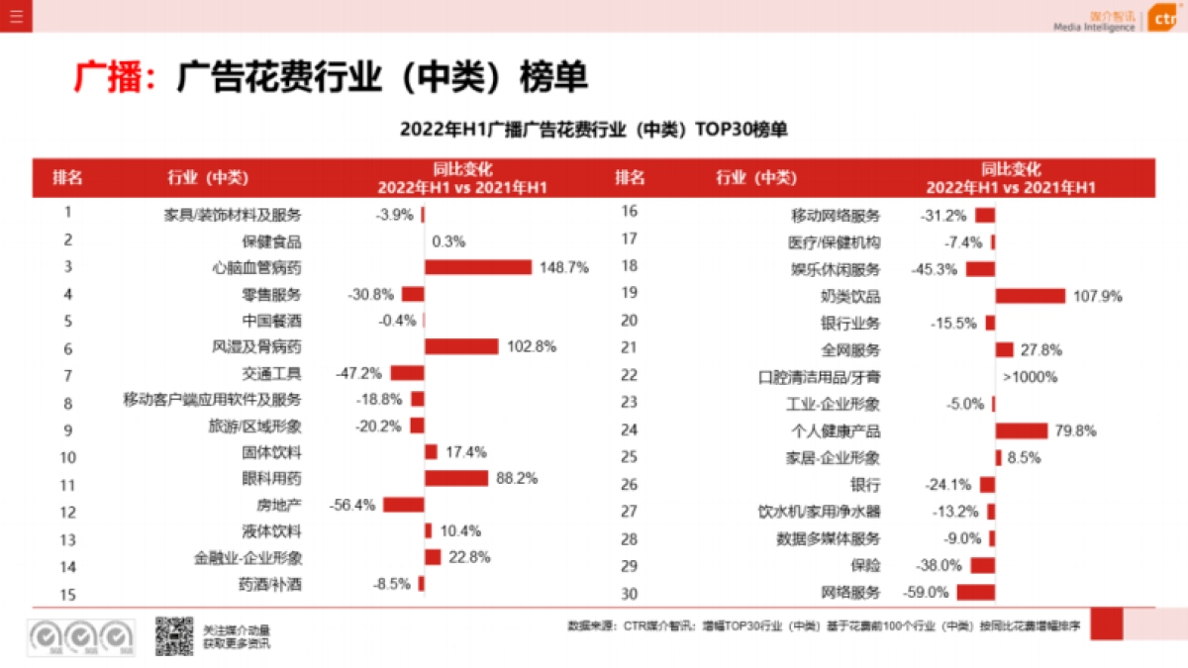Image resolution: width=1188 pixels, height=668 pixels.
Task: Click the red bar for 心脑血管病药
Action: pyautogui.click(x=478, y=267)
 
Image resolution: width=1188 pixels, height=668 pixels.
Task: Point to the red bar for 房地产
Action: pyautogui.click(x=404, y=505)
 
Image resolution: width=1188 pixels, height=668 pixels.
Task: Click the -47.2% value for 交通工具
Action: pyautogui.click(x=358, y=374)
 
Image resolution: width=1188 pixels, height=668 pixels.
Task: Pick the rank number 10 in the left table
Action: pyautogui.click(x=68, y=457)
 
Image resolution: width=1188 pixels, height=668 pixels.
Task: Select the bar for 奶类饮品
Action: pyautogui.click(x=1031, y=296)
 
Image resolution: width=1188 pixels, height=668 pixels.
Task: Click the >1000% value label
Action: pyautogui.click(x=1030, y=377)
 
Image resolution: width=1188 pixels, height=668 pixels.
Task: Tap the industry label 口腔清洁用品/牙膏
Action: pyautogui.click(x=819, y=377)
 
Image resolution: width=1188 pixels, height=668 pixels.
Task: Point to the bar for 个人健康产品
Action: pyautogui.click(x=1022, y=430)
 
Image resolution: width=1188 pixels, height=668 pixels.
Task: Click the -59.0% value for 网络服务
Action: pyautogui.click(x=927, y=593)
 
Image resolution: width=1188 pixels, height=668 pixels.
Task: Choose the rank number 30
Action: pyautogui.click(x=629, y=594)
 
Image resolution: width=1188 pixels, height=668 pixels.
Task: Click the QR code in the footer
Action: pyautogui.click(x=173, y=636)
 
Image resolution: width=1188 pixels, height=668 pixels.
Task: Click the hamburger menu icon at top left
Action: pyautogui.click(x=17, y=16)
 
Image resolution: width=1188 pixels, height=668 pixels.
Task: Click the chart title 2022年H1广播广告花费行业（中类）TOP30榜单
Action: pyautogui.click(x=593, y=130)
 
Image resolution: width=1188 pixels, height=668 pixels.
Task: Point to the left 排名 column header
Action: pyautogui.click(x=68, y=178)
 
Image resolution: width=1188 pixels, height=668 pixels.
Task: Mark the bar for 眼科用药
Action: pyautogui.click(x=456, y=478)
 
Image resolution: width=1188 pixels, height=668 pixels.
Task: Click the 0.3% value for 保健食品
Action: pyautogui.click(x=448, y=240)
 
